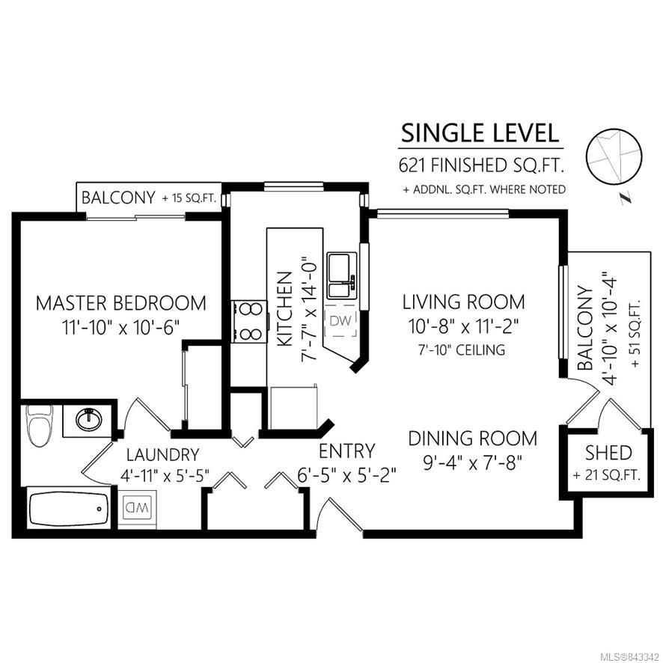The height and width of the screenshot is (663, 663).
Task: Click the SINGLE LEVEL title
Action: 480,134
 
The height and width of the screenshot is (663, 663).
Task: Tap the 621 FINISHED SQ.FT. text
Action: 481,165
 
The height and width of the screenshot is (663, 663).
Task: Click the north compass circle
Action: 614,156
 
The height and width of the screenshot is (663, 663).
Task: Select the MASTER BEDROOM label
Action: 121,303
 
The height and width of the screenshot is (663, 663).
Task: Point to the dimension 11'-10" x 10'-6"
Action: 121,327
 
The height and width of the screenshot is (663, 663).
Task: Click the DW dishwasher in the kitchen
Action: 340,321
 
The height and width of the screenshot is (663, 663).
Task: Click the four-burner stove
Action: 249,321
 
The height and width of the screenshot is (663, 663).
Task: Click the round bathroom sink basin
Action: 89,419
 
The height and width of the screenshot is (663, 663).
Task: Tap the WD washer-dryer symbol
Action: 137,507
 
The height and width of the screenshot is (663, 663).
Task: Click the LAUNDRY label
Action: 163,455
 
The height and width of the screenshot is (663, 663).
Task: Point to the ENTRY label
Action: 346,451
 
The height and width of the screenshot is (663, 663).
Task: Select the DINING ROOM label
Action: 473,439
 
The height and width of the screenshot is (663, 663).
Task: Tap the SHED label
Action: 608,453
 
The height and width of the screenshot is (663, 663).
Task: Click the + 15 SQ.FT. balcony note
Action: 189,198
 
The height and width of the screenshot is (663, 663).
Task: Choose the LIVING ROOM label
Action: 463,302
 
